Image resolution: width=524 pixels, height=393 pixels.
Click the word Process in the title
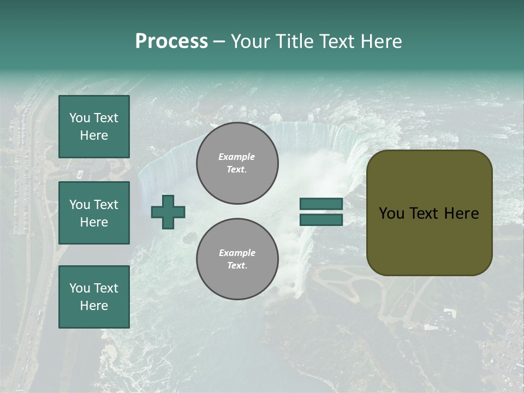(x=171, y=41)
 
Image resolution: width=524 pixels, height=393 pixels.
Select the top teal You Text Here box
(x=94, y=127)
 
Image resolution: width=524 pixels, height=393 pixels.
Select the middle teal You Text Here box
(x=94, y=213)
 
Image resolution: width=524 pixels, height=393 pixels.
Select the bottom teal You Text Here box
(x=94, y=297)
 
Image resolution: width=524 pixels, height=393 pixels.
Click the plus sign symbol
(x=168, y=212)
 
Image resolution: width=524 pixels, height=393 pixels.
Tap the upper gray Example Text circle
(x=237, y=163)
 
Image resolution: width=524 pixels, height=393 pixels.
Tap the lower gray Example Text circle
(x=237, y=259)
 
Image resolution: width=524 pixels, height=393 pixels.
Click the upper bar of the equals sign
(x=321, y=204)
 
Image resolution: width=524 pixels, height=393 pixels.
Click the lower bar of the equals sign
(x=321, y=219)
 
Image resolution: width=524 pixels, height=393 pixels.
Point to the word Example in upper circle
(x=237, y=157)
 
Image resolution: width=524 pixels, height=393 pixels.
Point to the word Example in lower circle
(x=237, y=253)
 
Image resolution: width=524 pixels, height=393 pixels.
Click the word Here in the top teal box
(x=94, y=135)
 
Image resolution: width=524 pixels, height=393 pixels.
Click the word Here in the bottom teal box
(x=94, y=306)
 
